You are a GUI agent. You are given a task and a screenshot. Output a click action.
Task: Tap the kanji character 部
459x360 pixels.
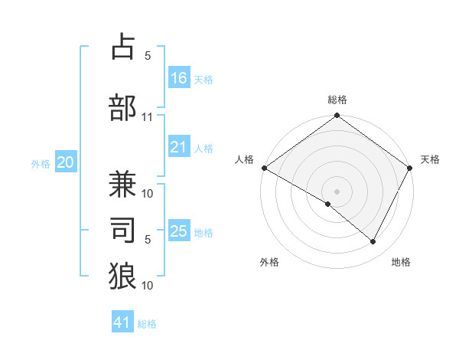click(122, 106)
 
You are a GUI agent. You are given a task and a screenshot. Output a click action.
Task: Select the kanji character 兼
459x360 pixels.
click(122, 184)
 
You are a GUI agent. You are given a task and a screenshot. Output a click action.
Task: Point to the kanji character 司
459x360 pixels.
click(122, 229)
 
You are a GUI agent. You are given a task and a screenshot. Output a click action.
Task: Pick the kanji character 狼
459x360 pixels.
click(122, 276)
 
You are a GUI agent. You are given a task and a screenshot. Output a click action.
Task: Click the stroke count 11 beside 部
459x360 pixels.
click(148, 117)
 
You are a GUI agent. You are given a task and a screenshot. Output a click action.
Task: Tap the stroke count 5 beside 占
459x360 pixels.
click(148, 56)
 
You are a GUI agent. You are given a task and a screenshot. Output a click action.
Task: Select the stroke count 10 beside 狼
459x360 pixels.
click(148, 286)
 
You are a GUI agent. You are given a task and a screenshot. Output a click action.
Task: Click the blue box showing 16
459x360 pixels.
click(179, 77)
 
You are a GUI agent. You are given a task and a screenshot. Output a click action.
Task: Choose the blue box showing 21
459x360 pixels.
click(179, 147)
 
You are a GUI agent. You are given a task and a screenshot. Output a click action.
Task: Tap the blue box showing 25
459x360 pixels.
click(179, 231)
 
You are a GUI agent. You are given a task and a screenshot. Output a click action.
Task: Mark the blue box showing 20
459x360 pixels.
click(66, 162)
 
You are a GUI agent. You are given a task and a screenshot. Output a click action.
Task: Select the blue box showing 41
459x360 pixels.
click(122, 322)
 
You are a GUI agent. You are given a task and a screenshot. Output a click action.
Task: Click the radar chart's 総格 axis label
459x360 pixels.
click(337, 100)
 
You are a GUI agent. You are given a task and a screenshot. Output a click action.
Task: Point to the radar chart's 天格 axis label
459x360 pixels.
click(430, 159)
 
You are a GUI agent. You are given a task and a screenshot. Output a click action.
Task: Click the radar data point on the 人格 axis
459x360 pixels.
click(264, 168)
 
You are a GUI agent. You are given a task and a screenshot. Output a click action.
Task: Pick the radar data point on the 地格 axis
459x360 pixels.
click(373, 242)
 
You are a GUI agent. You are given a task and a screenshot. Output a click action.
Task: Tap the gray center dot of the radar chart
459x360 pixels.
click(337, 191)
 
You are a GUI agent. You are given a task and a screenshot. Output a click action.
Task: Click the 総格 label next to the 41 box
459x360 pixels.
click(147, 324)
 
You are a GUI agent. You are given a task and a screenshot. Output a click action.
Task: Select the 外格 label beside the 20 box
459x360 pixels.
click(41, 163)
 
